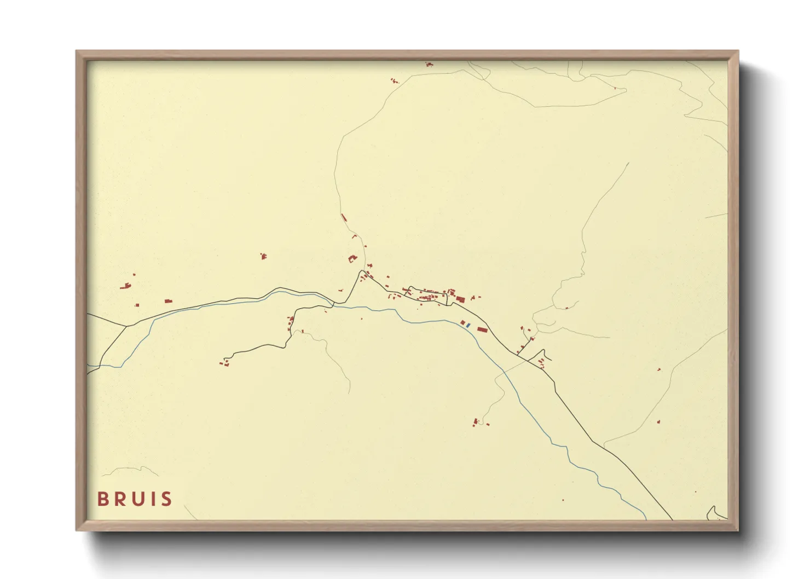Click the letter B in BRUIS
click(x=102, y=499)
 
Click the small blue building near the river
click(x=468, y=326)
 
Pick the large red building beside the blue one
click(x=463, y=323)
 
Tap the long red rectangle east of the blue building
click(x=482, y=329)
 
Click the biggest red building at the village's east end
click(x=460, y=299)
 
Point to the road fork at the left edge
click(x=126, y=326)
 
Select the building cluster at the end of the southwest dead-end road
click(x=223, y=362)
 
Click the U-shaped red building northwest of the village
click(x=352, y=259)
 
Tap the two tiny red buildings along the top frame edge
click(x=429, y=65)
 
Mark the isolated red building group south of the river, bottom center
click(x=477, y=422)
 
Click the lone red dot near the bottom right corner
click(x=696, y=492)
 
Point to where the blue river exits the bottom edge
click(x=646, y=518)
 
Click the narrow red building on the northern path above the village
click(x=344, y=217)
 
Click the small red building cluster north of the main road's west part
click(x=263, y=256)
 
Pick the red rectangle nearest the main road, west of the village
click(x=168, y=301)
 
